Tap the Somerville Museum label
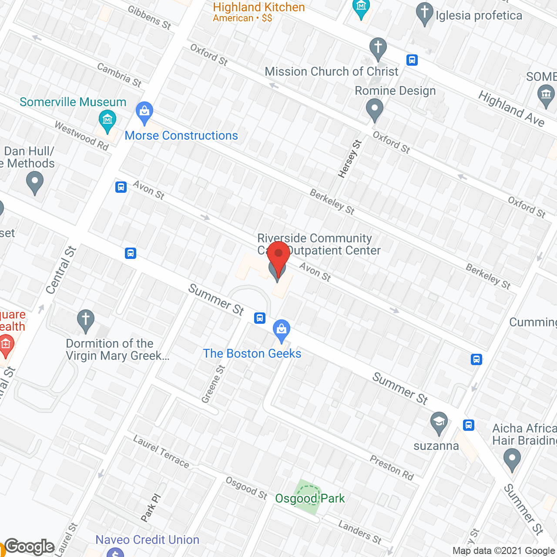pos(73,102)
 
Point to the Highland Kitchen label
pos(258,7)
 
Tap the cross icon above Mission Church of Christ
pos(378,47)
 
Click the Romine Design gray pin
pos(374,109)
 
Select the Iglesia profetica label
pos(479,16)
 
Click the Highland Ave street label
pos(511,108)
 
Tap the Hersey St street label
pos(350,159)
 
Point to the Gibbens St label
pos(149,17)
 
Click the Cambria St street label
pos(119,75)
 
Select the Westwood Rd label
pos(81,135)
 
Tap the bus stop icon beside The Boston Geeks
pos(260,318)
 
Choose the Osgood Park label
pos(310,498)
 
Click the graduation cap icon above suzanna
pos(439,422)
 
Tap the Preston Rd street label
pos(392,468)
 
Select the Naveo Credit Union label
pos(147,540)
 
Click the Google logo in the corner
pos(30,547)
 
